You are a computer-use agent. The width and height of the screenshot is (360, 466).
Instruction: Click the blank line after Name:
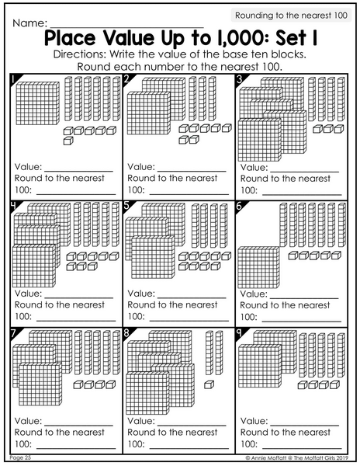click(x=126, y=27)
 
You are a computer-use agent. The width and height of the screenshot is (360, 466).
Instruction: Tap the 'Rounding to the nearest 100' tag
click(x=291, y=16)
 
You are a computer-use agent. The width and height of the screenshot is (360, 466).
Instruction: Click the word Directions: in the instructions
click(x=80, y=54)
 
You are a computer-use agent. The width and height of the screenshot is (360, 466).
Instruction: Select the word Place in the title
click(x=70, y=38)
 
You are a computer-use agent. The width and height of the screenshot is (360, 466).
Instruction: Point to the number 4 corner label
click(x=13, y=206)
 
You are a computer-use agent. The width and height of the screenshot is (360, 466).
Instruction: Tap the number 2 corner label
click(x=126, y=78)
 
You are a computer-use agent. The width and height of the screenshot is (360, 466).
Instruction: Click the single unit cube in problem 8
click(x=209, y=384)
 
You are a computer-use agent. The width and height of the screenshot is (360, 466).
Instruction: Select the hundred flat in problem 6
click(x=259, y=267)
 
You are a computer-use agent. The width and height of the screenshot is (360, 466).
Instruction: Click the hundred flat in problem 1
click(x=38, y=103)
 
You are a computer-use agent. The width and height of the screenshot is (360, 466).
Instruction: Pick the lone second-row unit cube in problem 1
click(x=68, y=141)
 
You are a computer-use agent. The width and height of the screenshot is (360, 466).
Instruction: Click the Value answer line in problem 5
click(x=192, y=297)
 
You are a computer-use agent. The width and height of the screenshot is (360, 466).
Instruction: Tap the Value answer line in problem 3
click(x=304, y=172)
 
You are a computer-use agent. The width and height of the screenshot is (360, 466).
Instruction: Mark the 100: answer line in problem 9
click(x=302, y=448)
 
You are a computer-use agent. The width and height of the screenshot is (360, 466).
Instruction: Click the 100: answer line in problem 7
click(x=76, y=448)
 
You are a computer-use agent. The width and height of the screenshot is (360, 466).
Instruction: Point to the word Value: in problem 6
click(x=254, y=294)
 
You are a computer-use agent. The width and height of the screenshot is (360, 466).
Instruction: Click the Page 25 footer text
click(x=20, y=457)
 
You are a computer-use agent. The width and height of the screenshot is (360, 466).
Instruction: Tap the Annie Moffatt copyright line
click(x=297, y=457)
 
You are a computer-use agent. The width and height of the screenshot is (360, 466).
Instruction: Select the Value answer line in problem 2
click(x=192, y=171)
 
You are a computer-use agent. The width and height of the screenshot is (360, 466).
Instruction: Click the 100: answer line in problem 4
click(x=76, y=321)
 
